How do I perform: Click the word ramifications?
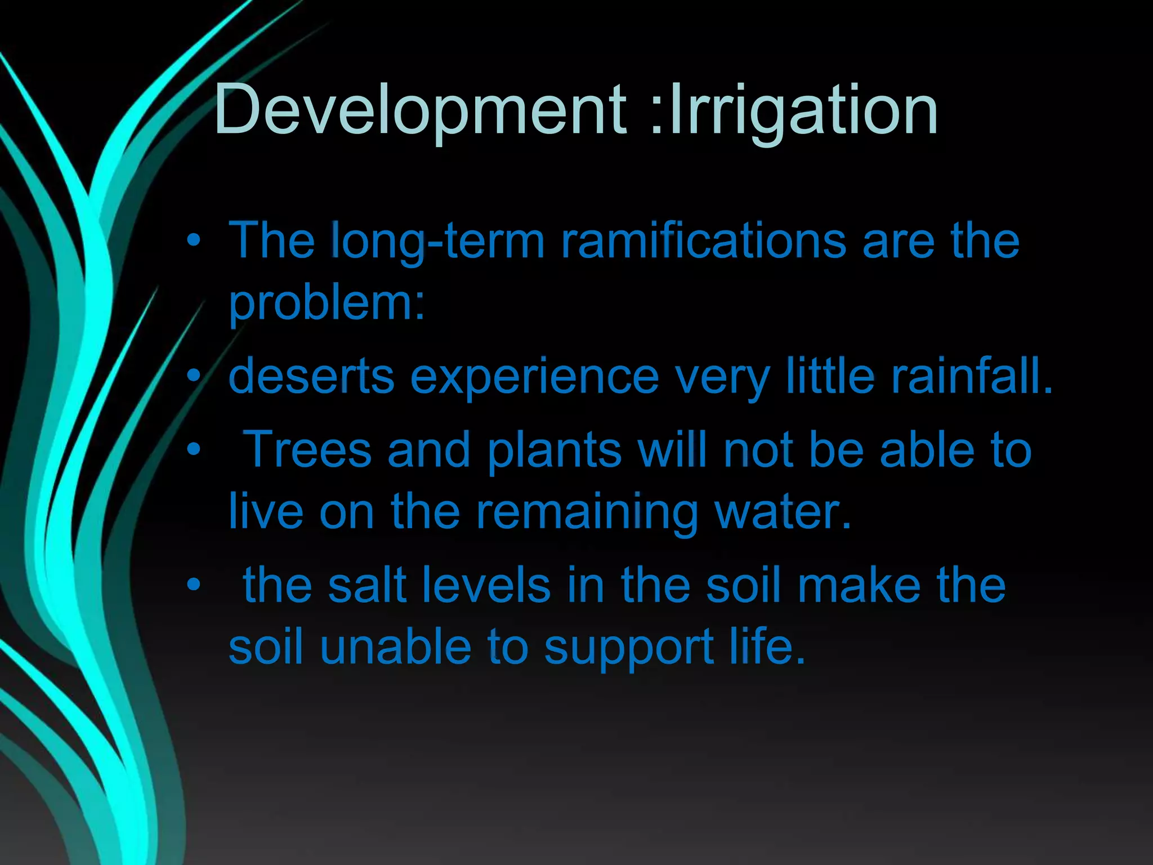[x=704, y=241]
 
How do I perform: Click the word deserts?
[x=311, y=376]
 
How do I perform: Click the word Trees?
[x=309, y=449]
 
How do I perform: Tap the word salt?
[x=367, y=585]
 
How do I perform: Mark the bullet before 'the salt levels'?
[x=194, y=586]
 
